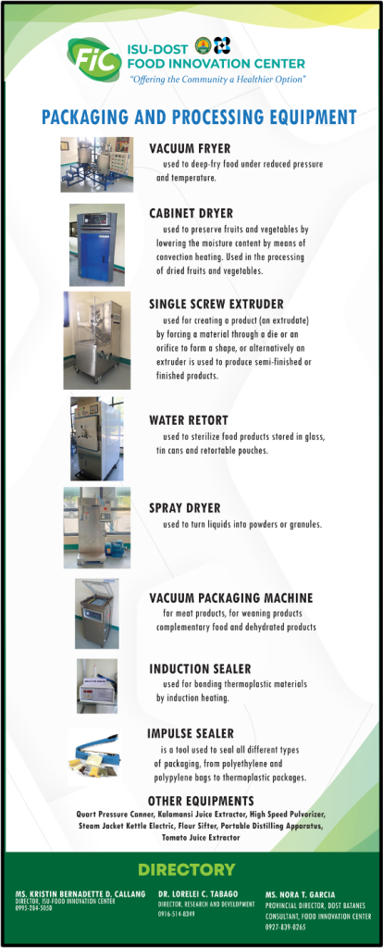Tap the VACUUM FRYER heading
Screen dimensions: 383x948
(x=190, y=148)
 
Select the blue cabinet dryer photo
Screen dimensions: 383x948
(x=96, y=244)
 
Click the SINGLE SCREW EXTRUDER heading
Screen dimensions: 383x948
(x=216, y=305)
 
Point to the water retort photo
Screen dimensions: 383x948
(x=96, y=438)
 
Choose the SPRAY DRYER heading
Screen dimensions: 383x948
(x=185, y=508)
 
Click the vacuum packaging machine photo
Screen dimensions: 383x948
(x=96, y=614)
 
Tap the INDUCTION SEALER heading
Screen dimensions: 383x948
(x=200, y=669)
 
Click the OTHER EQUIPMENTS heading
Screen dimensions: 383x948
(x=201, y=801)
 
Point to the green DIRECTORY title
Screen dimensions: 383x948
(x=186, y=870)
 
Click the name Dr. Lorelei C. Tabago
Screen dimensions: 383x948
(x=198, y=893)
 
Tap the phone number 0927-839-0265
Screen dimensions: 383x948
(x=285, y=927)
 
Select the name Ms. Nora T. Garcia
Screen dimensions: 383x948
(x=301, y=895)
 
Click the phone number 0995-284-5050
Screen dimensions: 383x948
(x=34, y=908)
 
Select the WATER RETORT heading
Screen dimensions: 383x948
(x=188, y=420)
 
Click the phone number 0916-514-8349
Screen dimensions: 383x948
(x=177, y=914)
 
